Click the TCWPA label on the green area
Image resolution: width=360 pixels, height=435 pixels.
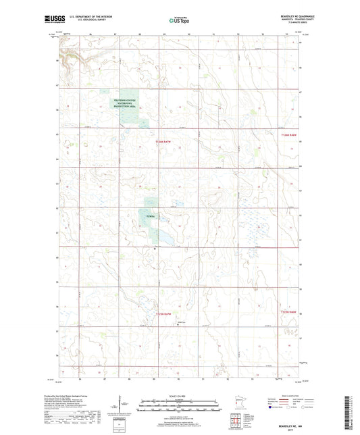(x=151, y=216)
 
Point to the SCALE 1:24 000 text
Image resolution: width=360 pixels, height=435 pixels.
(x=180, y=395)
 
